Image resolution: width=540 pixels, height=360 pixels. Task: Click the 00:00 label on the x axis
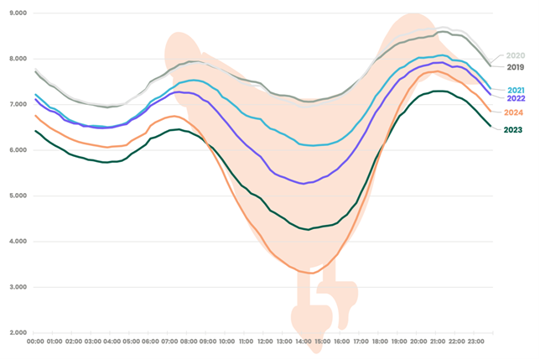pos(35,342)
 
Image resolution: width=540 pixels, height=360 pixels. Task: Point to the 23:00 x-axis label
pos(475,342)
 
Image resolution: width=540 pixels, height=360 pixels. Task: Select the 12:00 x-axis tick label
pos(265,342)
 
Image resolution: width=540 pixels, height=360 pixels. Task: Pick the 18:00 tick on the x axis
pos(380,342)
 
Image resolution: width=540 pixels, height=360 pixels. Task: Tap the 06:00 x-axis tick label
pos(150,342)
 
